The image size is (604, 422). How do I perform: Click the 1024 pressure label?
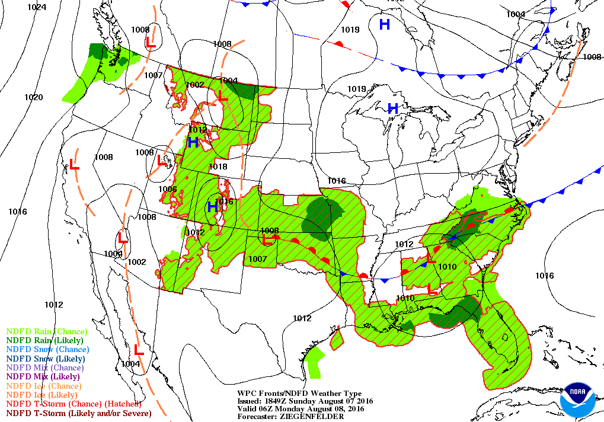tap(37, 7)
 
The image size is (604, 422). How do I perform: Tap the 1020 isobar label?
tap(33, 97)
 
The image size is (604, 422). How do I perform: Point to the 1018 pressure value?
tap(218, 167)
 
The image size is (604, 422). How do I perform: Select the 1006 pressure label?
tap(168, 189)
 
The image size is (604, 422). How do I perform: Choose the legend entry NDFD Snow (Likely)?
tap(46, 359)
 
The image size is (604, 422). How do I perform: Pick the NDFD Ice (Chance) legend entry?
tap(43, 386)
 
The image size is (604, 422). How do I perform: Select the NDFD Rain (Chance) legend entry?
tap(46, 331)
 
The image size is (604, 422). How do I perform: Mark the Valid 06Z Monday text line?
tap(301, 409)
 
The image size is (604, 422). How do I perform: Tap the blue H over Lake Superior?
tap(392, 108)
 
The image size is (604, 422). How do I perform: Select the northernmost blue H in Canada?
tap(385, 24)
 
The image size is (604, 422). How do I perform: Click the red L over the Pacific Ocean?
tap(75, 165)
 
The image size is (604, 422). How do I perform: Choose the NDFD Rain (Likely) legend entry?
tap(44, 340)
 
